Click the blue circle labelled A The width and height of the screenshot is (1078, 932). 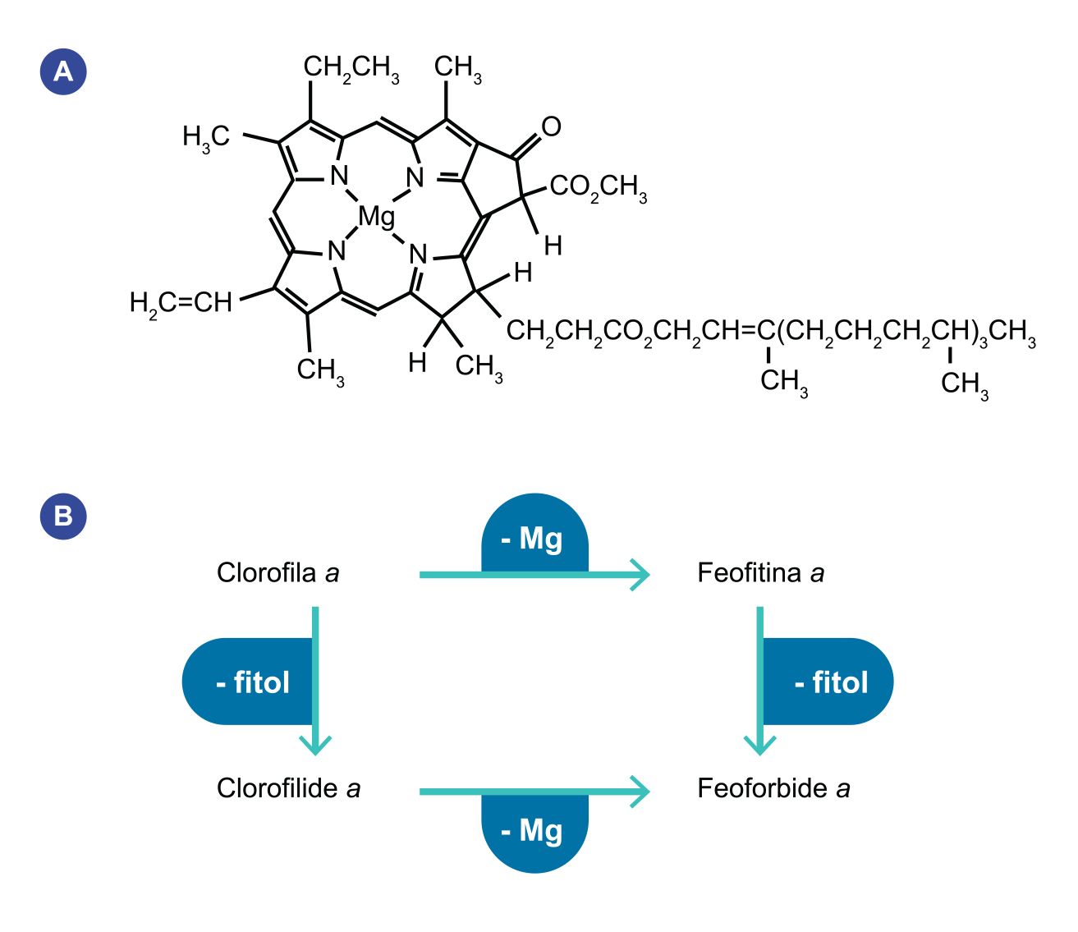click(63, 72)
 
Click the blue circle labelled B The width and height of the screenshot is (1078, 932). click(63, 516)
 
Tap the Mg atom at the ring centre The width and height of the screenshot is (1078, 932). click(376, 217)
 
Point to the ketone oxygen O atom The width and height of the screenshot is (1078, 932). click(551, 126)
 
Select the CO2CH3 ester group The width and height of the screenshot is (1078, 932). click(598, 187)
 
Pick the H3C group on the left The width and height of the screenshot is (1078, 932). click(206, 137)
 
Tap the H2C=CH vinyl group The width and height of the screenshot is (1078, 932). click(181, 303)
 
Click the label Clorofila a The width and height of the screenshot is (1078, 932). click(278, 572)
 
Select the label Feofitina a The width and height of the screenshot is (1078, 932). click(760, 572)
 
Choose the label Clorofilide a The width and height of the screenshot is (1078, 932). click(288, 788)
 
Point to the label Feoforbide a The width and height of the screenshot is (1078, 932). click(773, 788)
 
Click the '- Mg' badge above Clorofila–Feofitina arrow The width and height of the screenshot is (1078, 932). click(534, 538)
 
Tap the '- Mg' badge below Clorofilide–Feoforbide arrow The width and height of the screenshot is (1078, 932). click(534, 831)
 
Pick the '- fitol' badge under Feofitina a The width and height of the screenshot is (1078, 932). click(829, 682)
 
